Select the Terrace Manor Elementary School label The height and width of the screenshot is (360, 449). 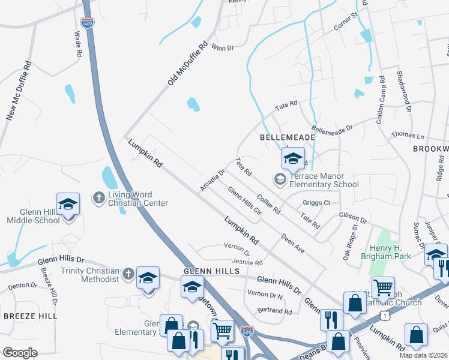coord(324,181)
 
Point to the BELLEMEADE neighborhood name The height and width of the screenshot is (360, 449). coord(288,137)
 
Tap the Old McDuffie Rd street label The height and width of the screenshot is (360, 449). coord(187,62)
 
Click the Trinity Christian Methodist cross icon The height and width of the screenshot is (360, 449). coord(127,275)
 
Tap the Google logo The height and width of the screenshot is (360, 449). coord(20,353)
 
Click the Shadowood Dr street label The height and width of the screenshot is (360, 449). coord(403,91)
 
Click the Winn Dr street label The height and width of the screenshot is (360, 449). coord(222,47)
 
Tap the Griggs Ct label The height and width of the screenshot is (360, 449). coord(317,203)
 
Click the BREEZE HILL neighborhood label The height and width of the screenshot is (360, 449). coord(30,316)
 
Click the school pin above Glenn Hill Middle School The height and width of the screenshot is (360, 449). coord(68,204)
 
